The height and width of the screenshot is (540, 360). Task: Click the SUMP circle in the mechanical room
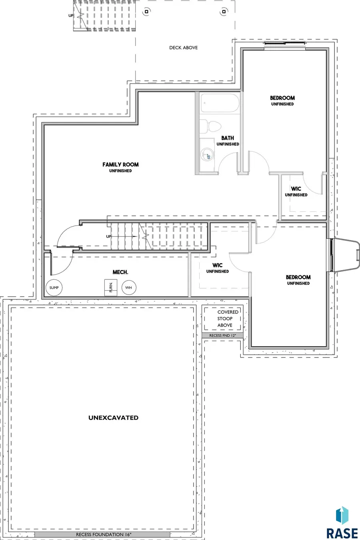pyautogui.click(x=54, y=287)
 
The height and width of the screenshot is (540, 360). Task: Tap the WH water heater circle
pyautogui.click(x=128, y=287)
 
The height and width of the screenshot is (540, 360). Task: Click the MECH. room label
pyautogui.click(x=120, y=272)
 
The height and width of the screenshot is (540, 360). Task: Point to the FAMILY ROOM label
pyautogui.click(x=120, y=165)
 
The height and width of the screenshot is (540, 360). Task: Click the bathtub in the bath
pyautogui.click(x=220, y=103)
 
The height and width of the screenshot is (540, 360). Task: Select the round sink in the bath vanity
pyautogui.click(x=206, y=155)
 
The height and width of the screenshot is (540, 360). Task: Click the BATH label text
pyautogui.click(x=228, y=138)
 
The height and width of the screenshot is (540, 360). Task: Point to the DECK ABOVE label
pyautogui.click(x=183, y=48)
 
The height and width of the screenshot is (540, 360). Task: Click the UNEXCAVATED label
pyautogui.click(x=113, y=418)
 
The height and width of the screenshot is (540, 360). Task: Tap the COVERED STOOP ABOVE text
pyautogui.click(x=228, y=319)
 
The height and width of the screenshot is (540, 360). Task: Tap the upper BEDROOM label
pyautogui.click(x=282, y=98)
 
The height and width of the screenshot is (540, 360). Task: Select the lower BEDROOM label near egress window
pyautogui.click(x=298, y=277)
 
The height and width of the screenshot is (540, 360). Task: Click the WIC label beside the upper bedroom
pyautogui.click(x=296, y=189)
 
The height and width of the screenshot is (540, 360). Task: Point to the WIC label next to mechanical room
pyautogui.click(x=217, y=265)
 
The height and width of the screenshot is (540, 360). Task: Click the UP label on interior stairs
pyautogui.click(x=109, y=237)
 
